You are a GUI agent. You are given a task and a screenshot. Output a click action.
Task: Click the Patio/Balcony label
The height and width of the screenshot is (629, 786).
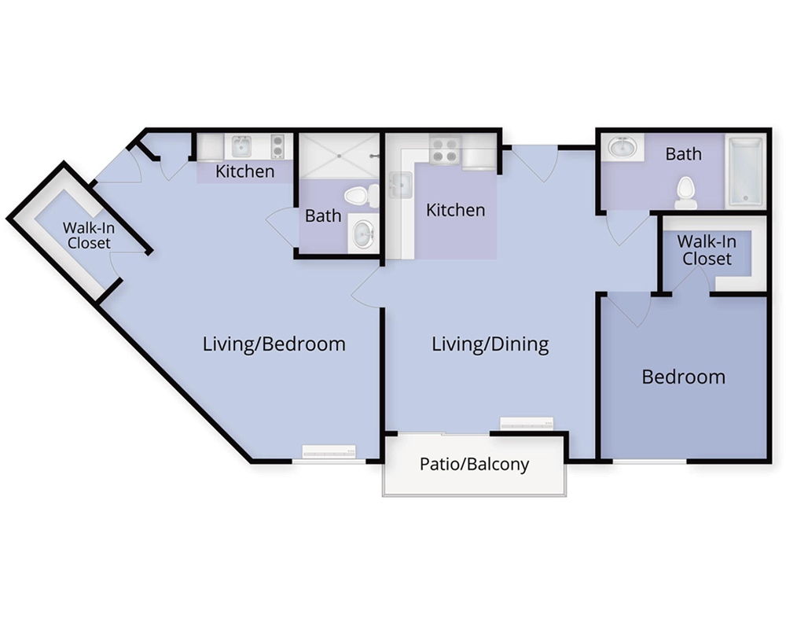[474, 464]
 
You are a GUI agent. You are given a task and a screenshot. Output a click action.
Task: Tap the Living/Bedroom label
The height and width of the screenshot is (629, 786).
[274, 344]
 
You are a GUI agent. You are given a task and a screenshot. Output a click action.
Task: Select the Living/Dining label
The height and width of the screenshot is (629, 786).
[490, 344]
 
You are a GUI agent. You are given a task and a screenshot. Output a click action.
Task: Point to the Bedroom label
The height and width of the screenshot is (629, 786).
[683, 377]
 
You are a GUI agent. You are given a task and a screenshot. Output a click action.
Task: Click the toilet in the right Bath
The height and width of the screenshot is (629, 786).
[685, 193]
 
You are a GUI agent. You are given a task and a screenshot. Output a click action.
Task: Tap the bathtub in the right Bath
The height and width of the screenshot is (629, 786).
[746, 171]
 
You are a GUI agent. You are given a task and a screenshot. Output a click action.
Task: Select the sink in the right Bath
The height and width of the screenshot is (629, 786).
[622, 148]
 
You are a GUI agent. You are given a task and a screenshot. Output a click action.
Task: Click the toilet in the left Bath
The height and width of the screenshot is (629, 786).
[362, 196]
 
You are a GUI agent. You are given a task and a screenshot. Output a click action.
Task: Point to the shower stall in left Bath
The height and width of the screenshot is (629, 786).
[340, 156]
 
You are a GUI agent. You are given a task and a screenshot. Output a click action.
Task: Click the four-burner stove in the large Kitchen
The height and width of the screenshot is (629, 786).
[445, 149]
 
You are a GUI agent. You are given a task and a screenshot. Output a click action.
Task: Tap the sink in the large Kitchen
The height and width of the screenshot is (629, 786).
[401, 185]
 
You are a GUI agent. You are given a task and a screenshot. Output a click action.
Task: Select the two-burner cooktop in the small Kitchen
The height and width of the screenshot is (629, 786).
[277, 146]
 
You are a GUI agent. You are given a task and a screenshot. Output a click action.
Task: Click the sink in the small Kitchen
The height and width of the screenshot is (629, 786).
[241, 146]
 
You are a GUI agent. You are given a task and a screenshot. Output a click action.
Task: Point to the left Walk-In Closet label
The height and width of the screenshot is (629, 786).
[89, 235]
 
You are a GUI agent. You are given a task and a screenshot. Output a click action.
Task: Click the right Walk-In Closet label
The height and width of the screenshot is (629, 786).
[707, 250]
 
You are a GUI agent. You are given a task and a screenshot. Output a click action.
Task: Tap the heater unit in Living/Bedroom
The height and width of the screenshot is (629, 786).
[329, 451]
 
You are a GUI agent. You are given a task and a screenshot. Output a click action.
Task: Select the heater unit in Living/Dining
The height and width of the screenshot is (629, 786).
[527, 424]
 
